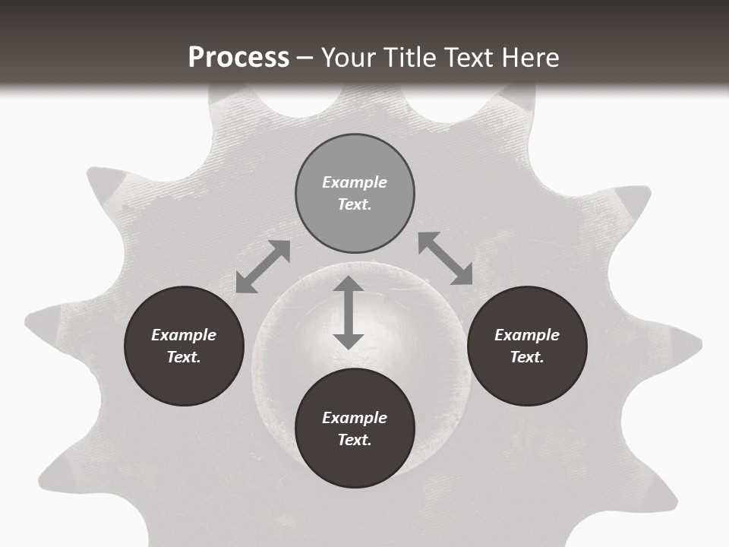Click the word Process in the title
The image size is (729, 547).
coord(238,58)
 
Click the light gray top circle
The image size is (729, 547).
coord(355,193)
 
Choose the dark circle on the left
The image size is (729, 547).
coord(184,346)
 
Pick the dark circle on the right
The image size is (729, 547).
coord(527,346)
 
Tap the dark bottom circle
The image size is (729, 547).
coord(355,428)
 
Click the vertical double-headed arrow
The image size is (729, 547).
coord(349,313)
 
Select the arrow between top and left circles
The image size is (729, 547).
coord(263,267)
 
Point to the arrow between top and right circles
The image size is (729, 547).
coord(445,258)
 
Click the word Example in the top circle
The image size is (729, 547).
coord(355,182)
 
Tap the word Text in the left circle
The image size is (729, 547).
coord(184,357)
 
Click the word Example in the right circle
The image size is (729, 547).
coord(527,335)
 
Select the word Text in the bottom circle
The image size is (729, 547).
coord(355,440)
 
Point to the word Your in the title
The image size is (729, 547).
coord(349,58)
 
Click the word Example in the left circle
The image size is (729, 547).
coord(184,335)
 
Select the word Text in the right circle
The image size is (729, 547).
coord(527,357)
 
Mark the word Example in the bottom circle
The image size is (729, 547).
coord(355,418)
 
